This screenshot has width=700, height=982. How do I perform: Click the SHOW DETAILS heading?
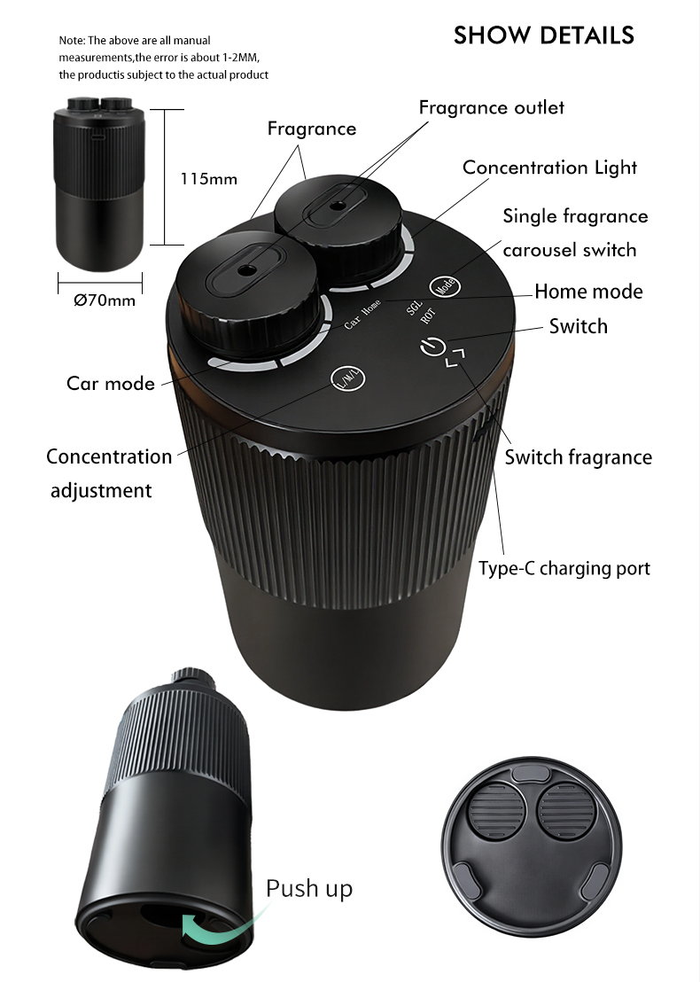point(543,35)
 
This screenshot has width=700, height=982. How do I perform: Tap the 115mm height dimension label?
point(208,179)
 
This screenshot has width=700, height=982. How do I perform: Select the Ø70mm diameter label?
point(104,300)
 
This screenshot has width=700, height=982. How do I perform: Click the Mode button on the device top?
point(445,286)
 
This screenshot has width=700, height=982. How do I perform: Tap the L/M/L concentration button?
point(347,378)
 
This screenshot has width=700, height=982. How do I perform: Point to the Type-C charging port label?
point(564,568)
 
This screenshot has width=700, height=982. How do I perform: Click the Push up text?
point(308,889)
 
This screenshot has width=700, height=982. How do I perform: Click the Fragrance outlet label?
point(492,108)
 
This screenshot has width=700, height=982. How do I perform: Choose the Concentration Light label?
point(549,168)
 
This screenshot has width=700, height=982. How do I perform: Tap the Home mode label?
point(588,292)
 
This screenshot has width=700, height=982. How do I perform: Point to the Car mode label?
point(110,383)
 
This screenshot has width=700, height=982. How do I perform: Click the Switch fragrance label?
point(578,457)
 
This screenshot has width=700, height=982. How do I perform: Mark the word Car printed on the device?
point(353,322)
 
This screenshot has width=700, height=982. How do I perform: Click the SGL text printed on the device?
point(415,308)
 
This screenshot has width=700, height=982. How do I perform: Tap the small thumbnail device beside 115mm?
point(99,184)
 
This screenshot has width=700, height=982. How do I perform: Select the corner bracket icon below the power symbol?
point(455,358)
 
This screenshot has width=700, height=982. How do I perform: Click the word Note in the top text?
point(71,41)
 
